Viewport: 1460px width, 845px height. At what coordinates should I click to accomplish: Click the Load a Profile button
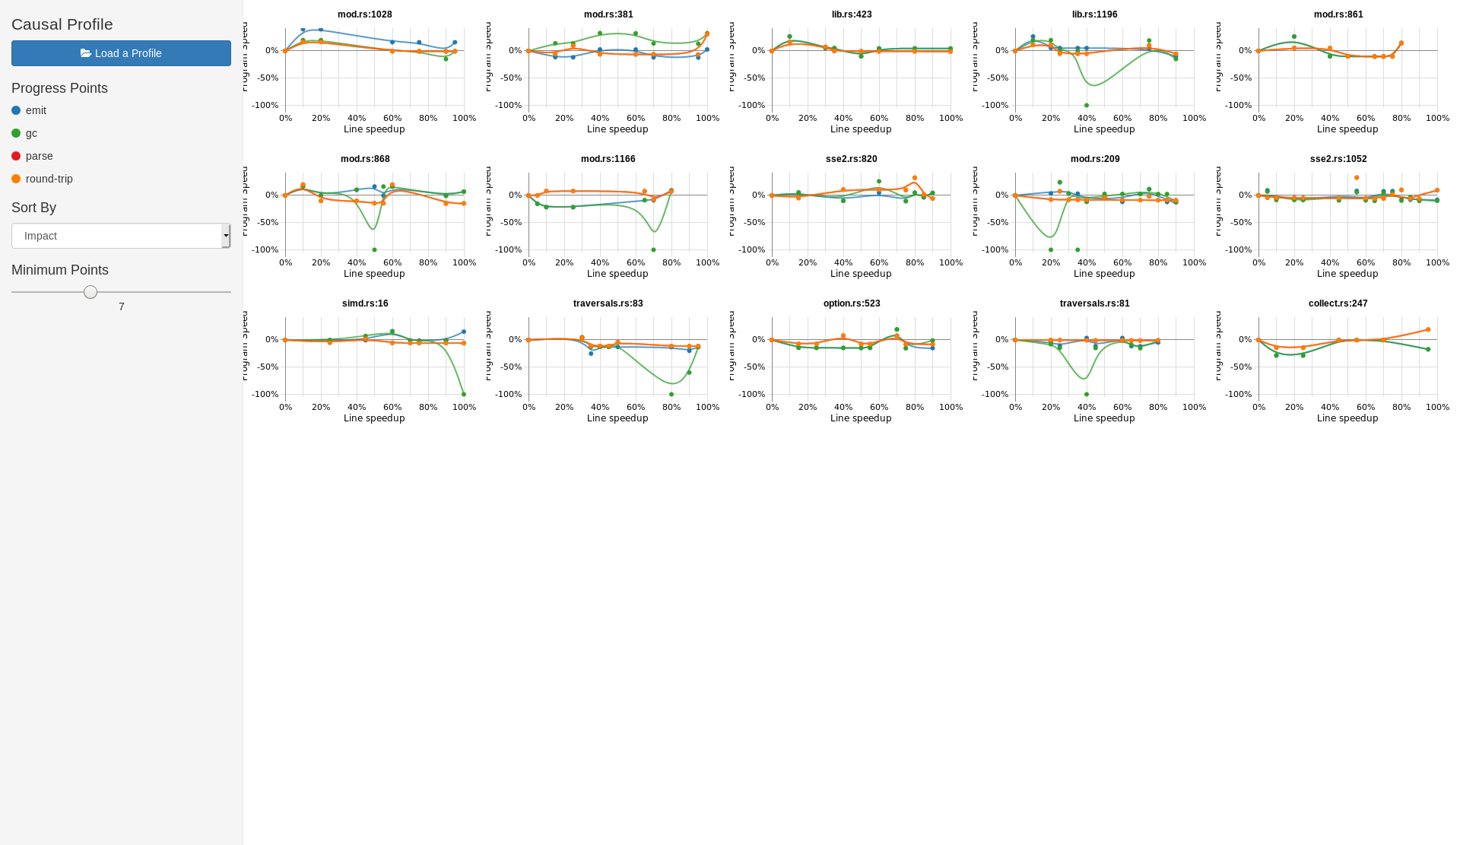pos(121,53)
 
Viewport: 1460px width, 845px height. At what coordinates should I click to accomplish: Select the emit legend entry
pos(36,110)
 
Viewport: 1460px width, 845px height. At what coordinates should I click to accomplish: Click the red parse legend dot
pos(16,156)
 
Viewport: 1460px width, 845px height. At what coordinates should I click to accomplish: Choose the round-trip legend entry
pos(49,179)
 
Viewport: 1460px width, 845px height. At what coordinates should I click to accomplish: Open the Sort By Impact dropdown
pos(121,236)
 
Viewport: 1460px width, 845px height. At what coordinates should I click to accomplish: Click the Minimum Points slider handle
pos(90,292)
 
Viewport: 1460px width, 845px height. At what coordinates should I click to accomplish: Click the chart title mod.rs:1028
pos(365,14)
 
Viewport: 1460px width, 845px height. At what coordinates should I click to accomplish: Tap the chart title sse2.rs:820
pos(851,159)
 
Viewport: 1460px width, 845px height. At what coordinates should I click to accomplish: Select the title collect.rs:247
pos(1338,303)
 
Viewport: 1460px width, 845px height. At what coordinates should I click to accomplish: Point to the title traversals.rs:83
pos(608,303)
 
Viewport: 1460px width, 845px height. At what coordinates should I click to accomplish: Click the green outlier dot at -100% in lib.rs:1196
pos(1087,106)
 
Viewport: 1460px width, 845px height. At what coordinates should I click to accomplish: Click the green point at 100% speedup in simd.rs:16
pos(464,394)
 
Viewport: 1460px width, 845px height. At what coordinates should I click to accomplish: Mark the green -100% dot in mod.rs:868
pos(374,250)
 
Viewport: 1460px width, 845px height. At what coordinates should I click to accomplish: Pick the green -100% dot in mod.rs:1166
pos(653,250)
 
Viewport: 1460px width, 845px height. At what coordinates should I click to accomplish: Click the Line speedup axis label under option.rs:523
pos(861,418)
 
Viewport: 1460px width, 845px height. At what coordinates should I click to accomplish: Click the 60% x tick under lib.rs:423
pos(879,119)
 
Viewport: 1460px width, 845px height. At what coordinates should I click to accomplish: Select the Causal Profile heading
pos(62,24)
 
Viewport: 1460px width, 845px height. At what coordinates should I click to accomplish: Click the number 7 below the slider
pos(122,307)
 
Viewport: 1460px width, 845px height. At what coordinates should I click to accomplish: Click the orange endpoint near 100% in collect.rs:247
pos(1428,330)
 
